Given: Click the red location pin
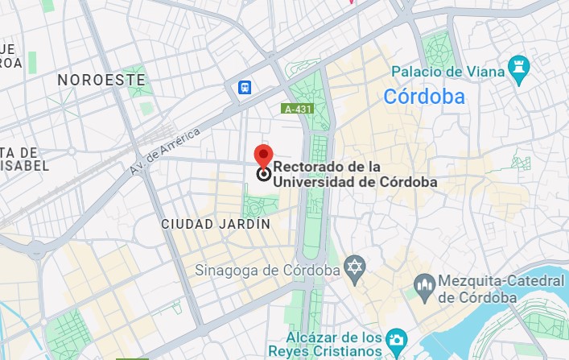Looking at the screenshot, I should [263, 155].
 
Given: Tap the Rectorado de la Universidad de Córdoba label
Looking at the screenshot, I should [355, 175].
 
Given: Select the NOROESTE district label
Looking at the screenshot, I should [102, 81].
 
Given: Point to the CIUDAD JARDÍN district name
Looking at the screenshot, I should [216, 224].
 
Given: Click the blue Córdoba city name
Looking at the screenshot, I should [424, 97].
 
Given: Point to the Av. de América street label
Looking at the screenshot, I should [165, 155].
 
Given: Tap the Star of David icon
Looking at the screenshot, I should [354, 267].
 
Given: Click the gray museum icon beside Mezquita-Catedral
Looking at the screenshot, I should [424, 284].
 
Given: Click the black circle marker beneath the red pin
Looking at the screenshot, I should [263, 173].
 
